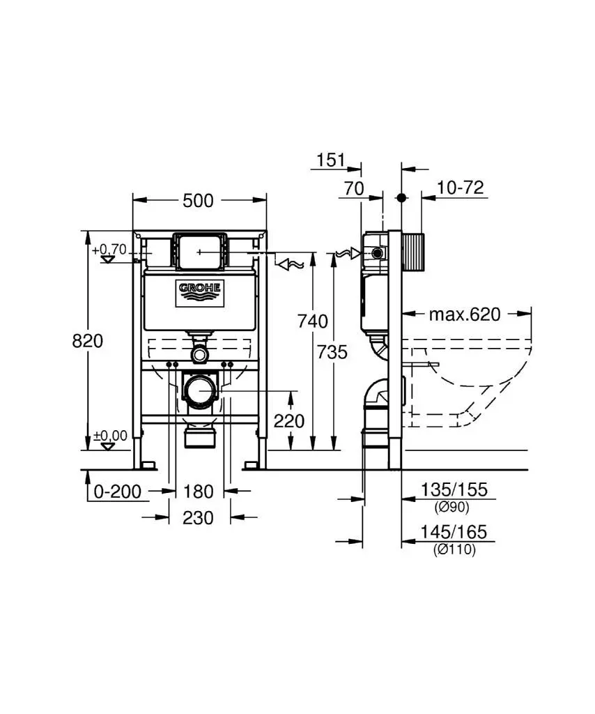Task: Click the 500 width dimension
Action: pyautogui.click(x=198, y=201)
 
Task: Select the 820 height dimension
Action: pyautogui.click(x=88, y=340)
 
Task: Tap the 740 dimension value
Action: pyautogui.click(x=312, y=321)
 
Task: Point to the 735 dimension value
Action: pyautogui.click(x=332, y=352)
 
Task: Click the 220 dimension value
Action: pyautogui.click(x=289, y=420)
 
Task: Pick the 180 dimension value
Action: pyautogui.click(x=199, y=492)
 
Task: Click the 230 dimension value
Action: pyautogui.click(x=199, y=517)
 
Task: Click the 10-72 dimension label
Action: pyautogui.click(x=461, y=188)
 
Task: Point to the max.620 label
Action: pyautogui.click(x=464, y=314)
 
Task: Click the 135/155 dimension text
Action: pyautogui.click(x=454, y=490)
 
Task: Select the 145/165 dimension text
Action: pyautogui.click(x=454, y=533)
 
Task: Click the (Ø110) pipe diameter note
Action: pyautogui.click(x=454, y=549)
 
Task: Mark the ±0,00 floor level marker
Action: pyautogui.click(x=110, y=436)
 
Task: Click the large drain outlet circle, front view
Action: pyautogui.click(x=201, y=392)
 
